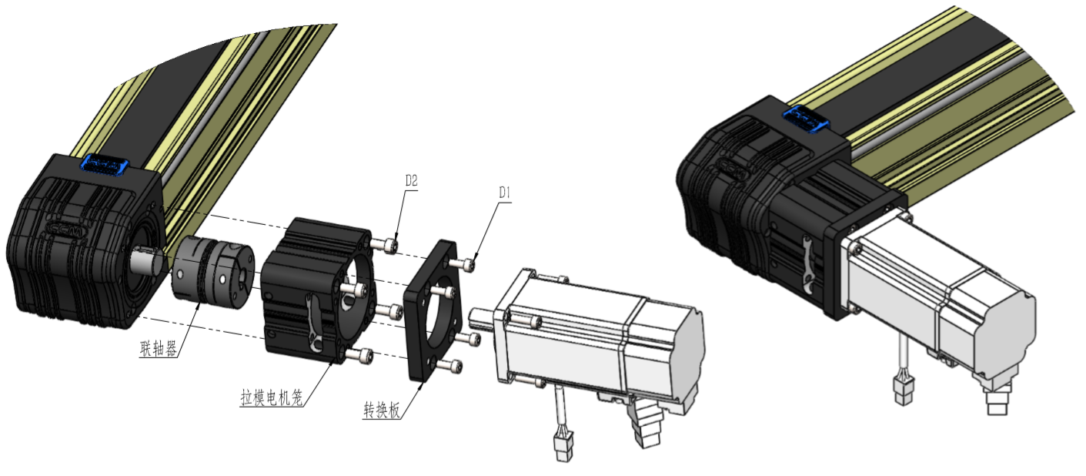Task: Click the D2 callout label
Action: [x=411, y=181]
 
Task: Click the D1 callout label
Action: [x=505, y=193]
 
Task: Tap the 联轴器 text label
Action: [x=158, y=348]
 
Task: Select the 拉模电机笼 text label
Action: [x=272, y=397]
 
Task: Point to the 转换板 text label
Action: [x=382, y=410]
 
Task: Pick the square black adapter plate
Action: [x=432, y=310]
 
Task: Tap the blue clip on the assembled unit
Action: [x=805, y=119]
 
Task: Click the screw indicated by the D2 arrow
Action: [x=386, y=245]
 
